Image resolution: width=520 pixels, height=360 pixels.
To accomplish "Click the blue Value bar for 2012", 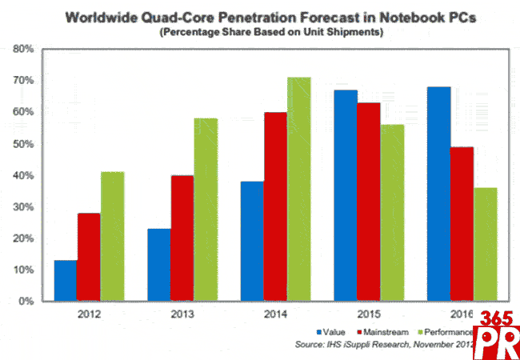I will click(x=66, y=281).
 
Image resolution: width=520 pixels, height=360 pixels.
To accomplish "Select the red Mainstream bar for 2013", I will click(x=182, y=238).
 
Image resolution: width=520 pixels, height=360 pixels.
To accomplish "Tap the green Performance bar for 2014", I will click(x=299, y=190).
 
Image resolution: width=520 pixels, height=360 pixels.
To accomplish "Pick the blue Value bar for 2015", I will click(x=346, y=196).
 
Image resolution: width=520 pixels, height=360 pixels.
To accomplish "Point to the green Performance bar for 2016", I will click(x=462, y=245).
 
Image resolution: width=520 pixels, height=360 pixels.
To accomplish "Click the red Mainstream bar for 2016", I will click(x=438, y=224).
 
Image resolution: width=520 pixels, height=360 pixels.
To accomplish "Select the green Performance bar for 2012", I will click(x=113, y=237).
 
